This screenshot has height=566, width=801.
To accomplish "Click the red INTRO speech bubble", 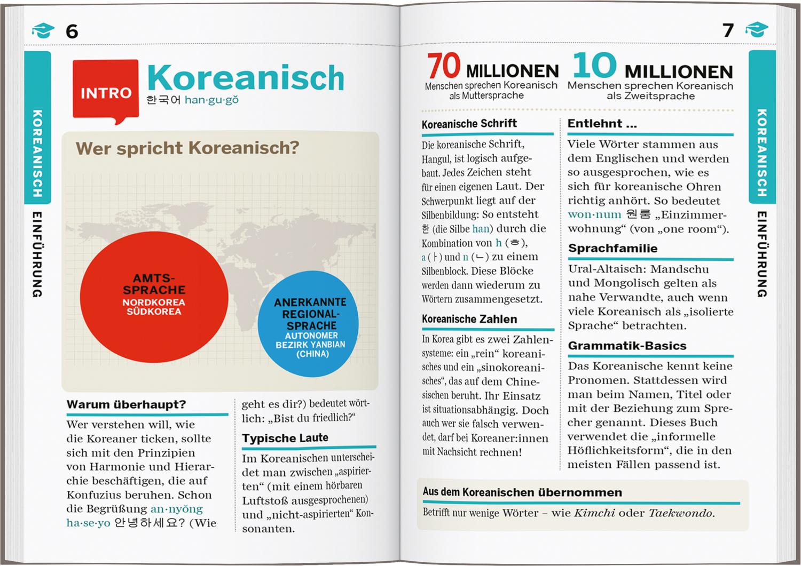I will [x=105, y=91].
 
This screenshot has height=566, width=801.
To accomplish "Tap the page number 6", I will [x=72, y=31].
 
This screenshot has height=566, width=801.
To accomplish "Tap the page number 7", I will [x=728, y=31].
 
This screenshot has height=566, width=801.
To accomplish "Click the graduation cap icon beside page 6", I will [x=43, y=30].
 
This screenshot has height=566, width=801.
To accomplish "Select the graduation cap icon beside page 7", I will [x=757, y=30].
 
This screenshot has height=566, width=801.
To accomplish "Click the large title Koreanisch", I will [x=246, y=78].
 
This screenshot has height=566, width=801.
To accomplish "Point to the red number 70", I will [x=444, y=66].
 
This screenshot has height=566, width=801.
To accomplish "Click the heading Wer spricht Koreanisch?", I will [x=187, y=148].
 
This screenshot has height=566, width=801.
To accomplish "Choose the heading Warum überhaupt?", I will [x=126, y=404].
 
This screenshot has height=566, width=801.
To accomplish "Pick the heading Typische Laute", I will [x=285, y=438].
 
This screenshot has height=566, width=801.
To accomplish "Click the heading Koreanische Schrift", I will [x=469, y=124].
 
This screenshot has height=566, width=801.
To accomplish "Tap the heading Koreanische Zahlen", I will [x=469, y=319].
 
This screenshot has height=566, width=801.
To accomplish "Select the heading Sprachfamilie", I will [x=612, y=248].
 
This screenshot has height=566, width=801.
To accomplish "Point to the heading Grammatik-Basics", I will [x=627, y=346].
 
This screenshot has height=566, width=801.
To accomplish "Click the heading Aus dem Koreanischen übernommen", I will [x=522, y=492].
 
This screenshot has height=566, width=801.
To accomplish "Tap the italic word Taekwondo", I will [x=681, y=513].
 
